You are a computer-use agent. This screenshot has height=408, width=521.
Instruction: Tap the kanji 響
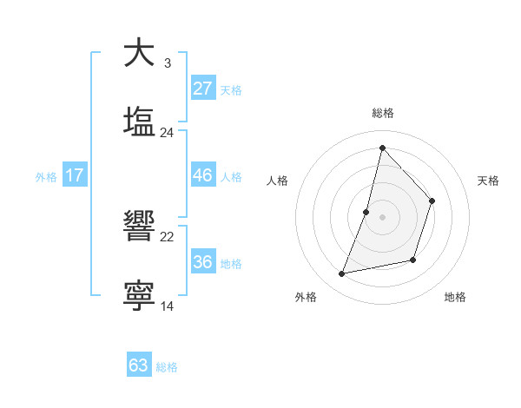click(x=139, y=227)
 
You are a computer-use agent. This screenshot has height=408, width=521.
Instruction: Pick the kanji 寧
click(x=139, y=295)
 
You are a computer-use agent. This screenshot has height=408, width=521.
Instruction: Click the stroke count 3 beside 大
click(x=167, y=63)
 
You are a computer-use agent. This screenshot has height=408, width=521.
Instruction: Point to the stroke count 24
click(x=167, y=132)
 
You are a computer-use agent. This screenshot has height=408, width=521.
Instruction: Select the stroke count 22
click(x=167, y=236)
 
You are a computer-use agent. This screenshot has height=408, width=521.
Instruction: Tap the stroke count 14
click(x=167, y=306)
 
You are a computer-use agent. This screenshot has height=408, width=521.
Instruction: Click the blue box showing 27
click(x=203, y=88)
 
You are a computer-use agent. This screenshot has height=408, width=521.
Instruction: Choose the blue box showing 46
click(x=203, y=175)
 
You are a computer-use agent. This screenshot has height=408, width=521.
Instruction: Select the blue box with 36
click(x=203, y=262)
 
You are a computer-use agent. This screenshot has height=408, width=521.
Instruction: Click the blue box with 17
click(x=75, y=175)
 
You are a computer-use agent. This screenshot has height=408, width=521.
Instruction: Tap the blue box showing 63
click(x=139, y=365)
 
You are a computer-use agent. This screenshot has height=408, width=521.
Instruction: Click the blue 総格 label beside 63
click(x=167, y=367)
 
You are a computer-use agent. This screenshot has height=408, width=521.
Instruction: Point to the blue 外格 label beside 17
click(x=46, y=177)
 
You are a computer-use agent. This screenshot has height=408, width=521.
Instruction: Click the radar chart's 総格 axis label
click(x=382, y=114)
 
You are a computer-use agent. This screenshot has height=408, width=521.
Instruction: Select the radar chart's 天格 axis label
click(x=488, y=181)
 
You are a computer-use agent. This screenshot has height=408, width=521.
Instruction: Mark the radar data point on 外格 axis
click(x=342, y=274)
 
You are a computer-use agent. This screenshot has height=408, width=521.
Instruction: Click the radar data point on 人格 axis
click(x=366, y=212)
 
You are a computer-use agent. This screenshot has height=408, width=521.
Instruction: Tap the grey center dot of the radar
click(x=382, y=217)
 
